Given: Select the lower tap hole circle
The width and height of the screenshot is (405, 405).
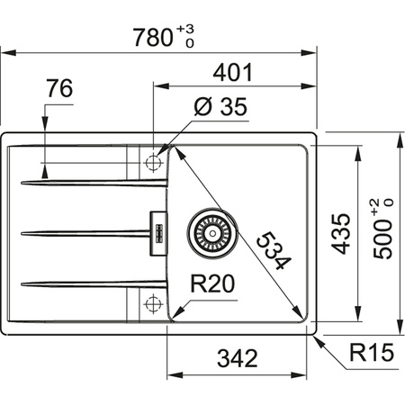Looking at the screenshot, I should click(151, 304).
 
